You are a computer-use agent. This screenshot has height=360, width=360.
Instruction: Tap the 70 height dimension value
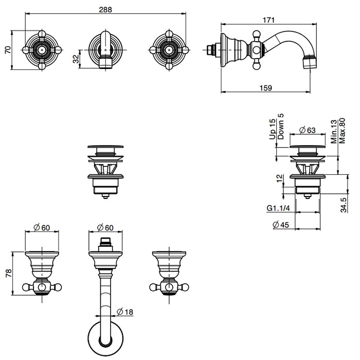click(x=7, y=49)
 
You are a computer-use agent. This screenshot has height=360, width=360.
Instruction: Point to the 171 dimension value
click(x=268, y=20)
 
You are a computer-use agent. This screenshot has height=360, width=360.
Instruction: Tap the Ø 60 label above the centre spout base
click(x=106, y=228)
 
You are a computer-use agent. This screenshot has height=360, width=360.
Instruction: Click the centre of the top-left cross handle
click(x=43, y=50)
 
